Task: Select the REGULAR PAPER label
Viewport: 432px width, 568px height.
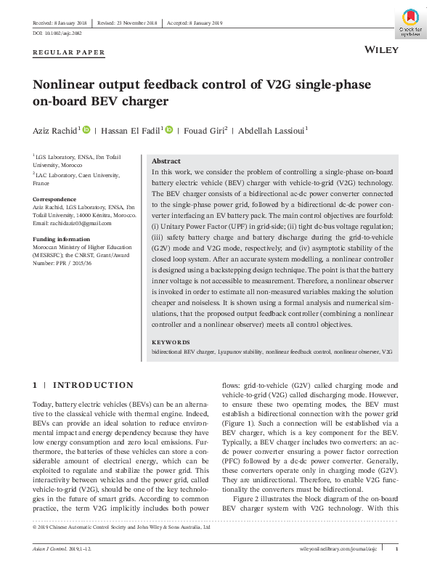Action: click(x=69, y=52)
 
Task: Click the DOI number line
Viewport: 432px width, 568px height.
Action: click(x=57, y=33)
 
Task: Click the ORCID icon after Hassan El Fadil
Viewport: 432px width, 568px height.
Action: click(x=169, y=130)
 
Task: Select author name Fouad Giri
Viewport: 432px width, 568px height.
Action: click(x=205, y=130)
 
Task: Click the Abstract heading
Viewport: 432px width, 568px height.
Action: click(x=166, y=161)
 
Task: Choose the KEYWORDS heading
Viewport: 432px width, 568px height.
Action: click(x=171, y=342)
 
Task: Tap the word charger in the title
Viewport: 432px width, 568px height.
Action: click(x=142, y=102)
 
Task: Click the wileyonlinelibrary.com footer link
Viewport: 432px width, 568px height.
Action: click(x=340, y=548)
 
